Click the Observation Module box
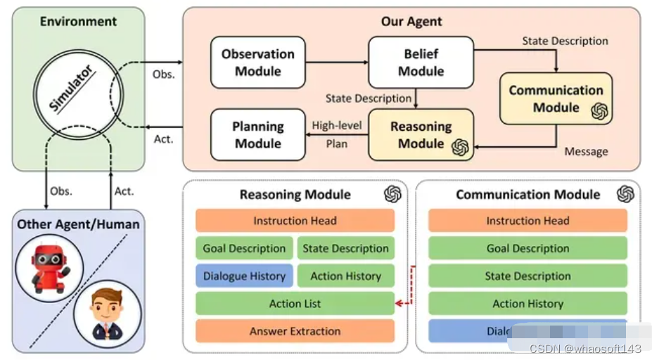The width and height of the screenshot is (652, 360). click(x=258, y=63)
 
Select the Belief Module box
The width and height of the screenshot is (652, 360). click(x=421, y=63)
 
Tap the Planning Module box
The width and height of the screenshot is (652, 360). click(x=258, y=135)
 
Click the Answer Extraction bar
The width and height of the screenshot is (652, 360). click(x=295, y=331)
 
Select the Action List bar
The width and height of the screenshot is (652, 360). click(x=295, y=304)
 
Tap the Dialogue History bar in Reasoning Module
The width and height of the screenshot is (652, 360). click(x=244, y=276)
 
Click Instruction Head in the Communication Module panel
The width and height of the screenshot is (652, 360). click(x=528, y=221)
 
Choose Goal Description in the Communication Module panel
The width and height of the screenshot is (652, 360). click(x=528, y=248)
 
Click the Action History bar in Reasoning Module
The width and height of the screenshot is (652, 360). click(x=345, y=276)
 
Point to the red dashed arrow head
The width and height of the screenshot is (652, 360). click(x=399, y=304)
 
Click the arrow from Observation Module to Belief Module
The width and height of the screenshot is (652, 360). click(x=336, y=63)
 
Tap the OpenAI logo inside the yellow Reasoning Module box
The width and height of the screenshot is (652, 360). click(x=460, y=147)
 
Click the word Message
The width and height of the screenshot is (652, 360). click(x=586, y=151)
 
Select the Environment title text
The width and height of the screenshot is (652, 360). click(x=77, y=21)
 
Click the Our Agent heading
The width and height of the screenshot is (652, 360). click(x=411, y=21)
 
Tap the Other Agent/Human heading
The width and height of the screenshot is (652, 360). click(x=78, y=224)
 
